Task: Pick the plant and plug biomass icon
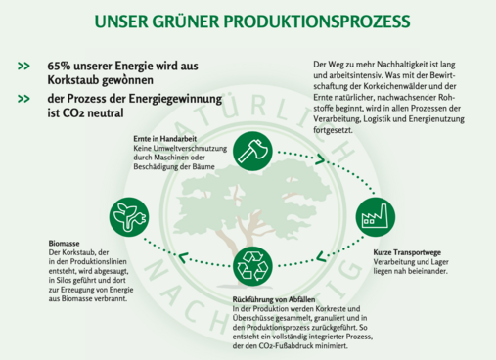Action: [x=129, y=213]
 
